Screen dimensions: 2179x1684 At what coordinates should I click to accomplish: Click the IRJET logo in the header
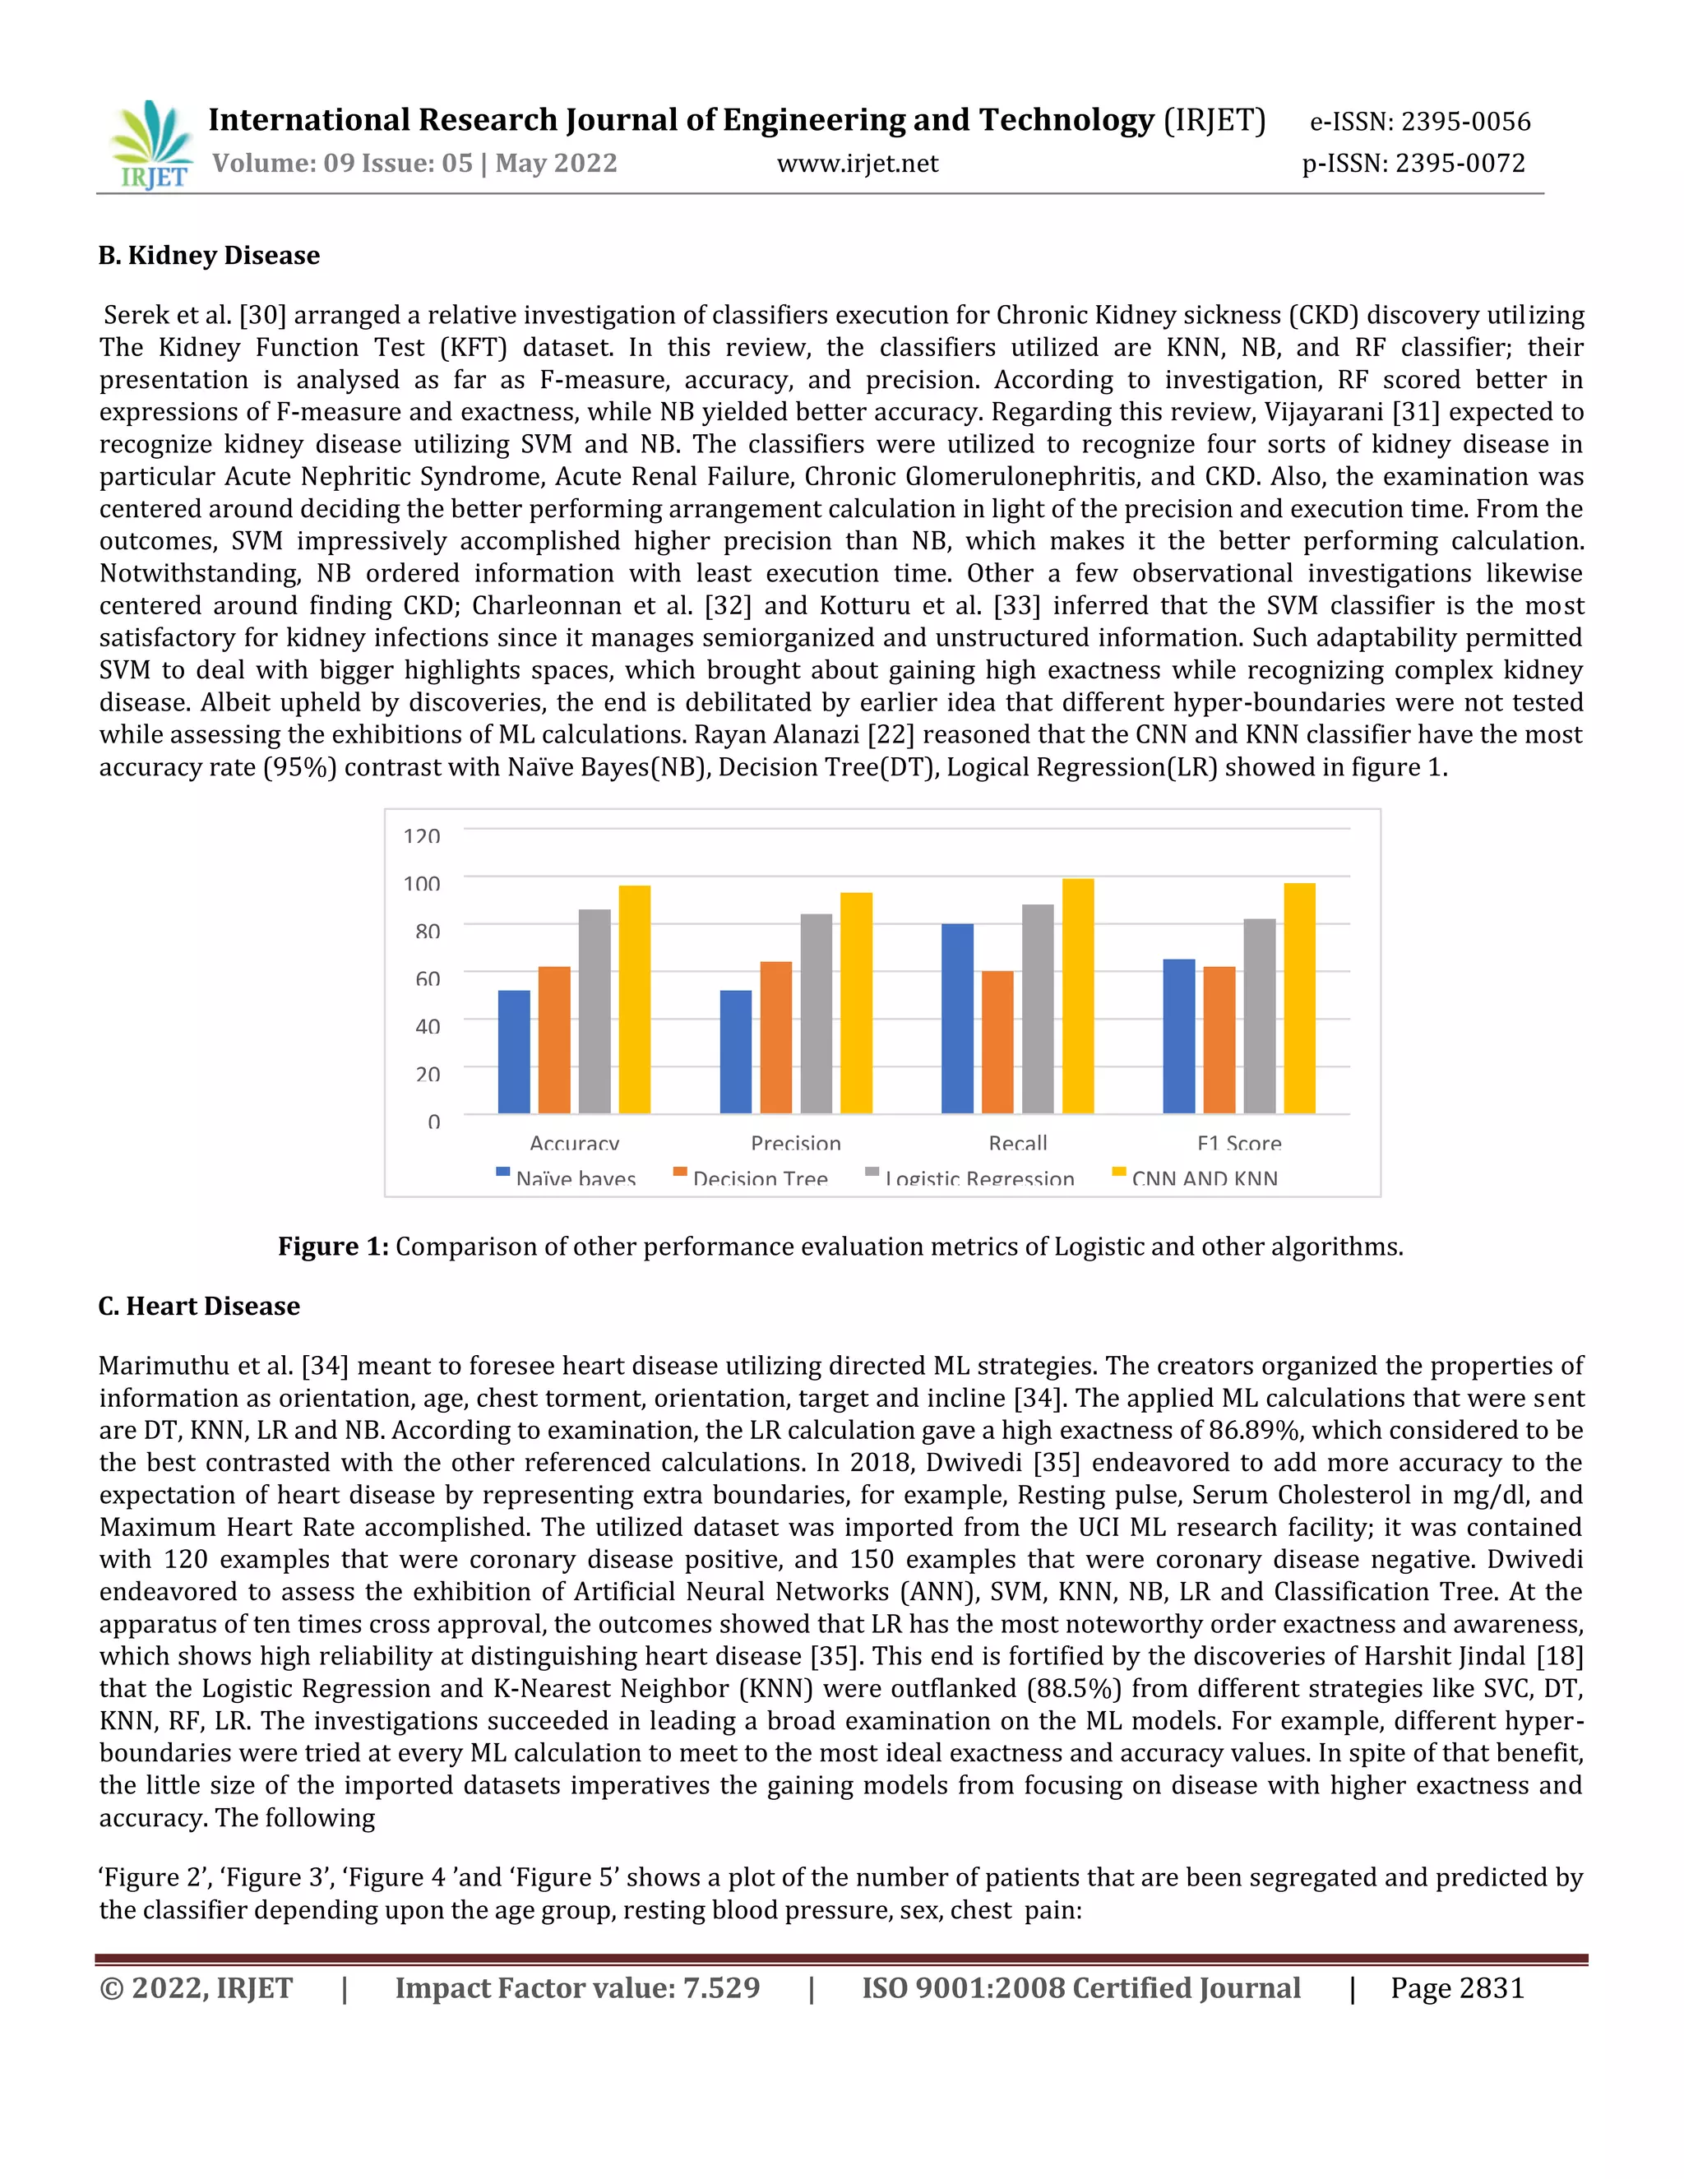(x=150, y=145)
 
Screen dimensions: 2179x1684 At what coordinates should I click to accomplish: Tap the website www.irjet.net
(x=857, y=164)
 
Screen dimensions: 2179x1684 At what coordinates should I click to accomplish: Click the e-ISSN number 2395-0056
(x=1465, y=122)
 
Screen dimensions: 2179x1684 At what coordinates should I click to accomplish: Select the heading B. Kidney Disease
(x=209, y=256)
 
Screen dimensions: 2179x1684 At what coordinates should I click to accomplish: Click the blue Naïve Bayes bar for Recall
(x=957, y=1018)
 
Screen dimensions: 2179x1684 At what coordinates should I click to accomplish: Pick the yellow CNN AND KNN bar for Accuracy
(x=635, y=999)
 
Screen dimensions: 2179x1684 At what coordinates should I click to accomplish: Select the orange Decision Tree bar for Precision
(x=775, y=1037)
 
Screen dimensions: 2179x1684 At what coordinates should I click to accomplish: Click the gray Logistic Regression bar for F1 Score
(x=1259, y=1015)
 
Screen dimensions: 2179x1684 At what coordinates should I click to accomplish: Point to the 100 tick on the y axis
(x=421, y=883)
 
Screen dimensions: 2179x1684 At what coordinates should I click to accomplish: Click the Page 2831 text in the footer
(x=1458, y=1987)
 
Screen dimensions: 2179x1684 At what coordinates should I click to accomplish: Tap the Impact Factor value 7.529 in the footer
(x=576, y=1987)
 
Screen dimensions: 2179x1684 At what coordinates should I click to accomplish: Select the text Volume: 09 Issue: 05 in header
(x=342, y=164)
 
